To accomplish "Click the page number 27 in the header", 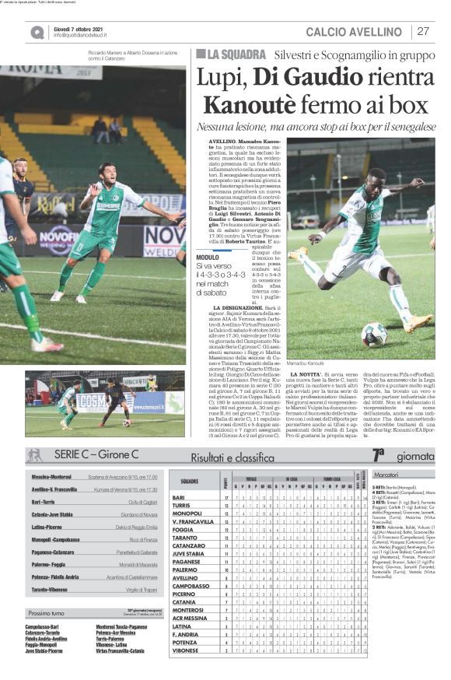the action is click(423, 32).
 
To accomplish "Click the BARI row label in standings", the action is click(179, 497).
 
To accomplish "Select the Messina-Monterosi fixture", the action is click(52, 476).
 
